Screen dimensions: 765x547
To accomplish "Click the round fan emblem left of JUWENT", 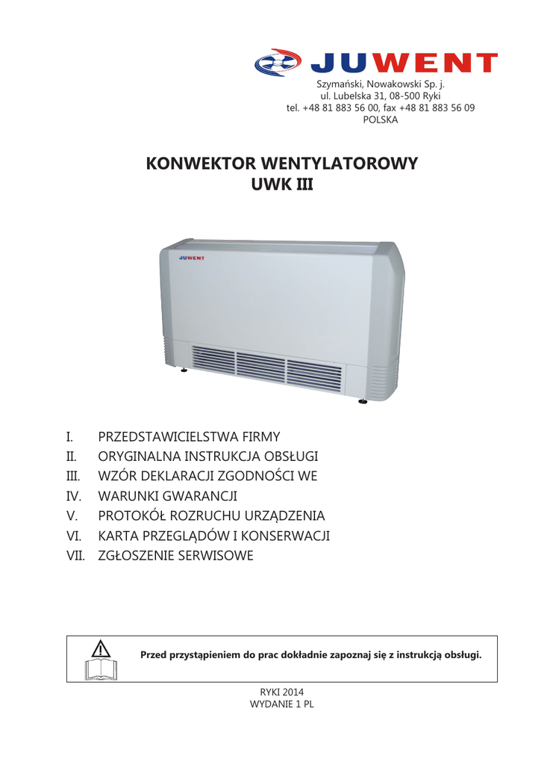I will pos(277,63).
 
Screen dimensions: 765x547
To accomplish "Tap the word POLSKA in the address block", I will pos(381,120).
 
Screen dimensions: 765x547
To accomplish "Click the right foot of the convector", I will pos(363,401).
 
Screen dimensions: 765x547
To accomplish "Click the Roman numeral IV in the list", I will pos(73,495).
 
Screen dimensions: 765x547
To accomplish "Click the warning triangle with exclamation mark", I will pos(101,647).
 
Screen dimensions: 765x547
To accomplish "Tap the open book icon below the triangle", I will pos(101,669).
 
